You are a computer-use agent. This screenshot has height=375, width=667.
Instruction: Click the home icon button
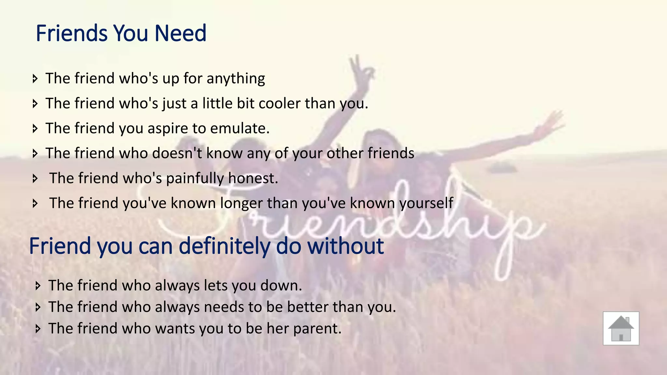[x=621, y=328]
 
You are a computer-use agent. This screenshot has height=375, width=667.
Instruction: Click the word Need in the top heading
[x=180, y=33]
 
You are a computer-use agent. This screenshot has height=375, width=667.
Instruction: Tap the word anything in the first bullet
[x=236, y=79]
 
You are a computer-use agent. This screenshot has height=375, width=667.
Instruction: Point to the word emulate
[x=240, y=128]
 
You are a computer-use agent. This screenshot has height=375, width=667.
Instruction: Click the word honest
[x=253, y=178]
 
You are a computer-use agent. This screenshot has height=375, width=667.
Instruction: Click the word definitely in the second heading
[x=224, y=246]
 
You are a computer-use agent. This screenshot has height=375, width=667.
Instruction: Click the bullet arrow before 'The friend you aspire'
[x=35, y=129]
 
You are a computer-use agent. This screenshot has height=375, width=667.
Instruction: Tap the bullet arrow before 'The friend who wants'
[x=38, y=328]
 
